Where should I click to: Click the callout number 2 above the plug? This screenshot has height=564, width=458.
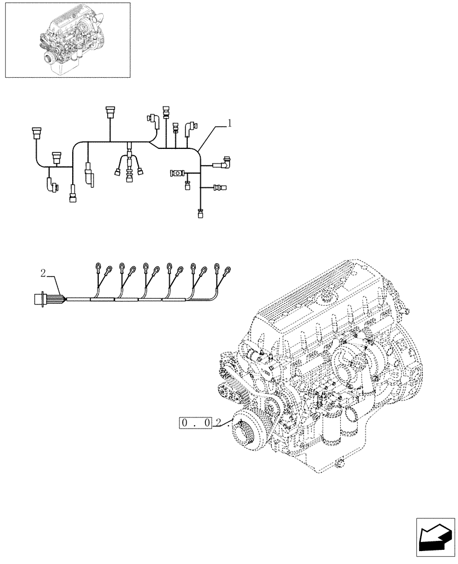tap(43, 274)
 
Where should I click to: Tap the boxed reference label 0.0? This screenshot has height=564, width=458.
tap(195, 422)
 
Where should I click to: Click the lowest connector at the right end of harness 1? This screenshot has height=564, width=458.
tap(200, 213)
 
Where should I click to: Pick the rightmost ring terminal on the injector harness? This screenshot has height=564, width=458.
tap(228, 270)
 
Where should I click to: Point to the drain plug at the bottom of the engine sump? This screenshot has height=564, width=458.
tap(340, 464)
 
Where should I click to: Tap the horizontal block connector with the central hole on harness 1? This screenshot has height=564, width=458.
tap(177, 172)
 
